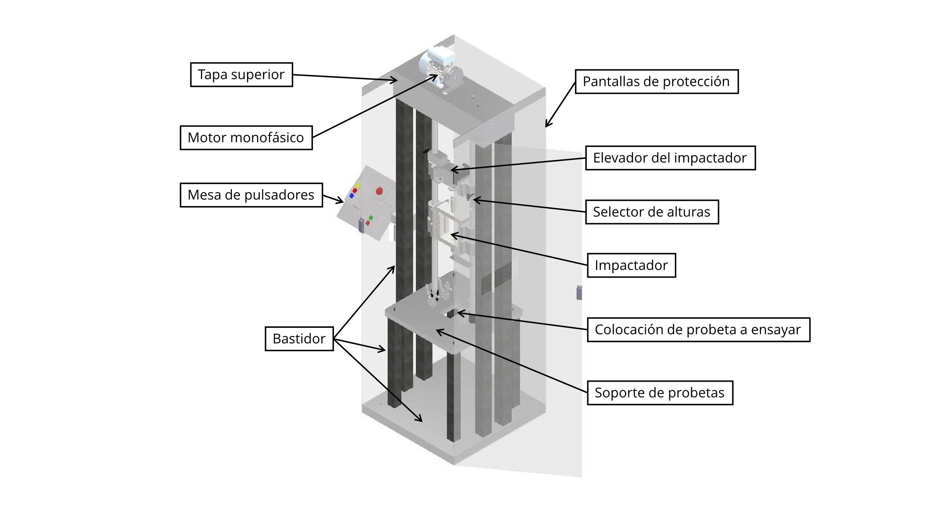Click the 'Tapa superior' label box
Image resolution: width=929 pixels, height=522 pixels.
[x=242, y=75]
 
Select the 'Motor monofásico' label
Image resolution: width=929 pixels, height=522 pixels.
[x=246, y=138]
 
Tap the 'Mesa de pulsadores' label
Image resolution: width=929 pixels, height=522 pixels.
[x=251, y=195]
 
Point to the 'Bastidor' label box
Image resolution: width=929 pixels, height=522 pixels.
[x=299, y=339]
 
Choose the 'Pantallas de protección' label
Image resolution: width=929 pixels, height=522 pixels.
[x=657, y=82]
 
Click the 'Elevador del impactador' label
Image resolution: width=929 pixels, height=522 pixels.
[x=670, y=158]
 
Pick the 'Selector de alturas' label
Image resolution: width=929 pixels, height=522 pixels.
[x=652, y=212]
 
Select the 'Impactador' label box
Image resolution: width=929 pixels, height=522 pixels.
[x=631, y=265]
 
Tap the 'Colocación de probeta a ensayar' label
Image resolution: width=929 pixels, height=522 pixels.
[x=698, y=330]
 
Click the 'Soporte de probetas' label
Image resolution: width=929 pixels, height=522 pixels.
[x=660, y=393]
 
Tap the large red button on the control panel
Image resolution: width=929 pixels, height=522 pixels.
[x=379, y=191]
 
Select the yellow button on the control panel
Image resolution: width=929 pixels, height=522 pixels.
[x=358, y=185]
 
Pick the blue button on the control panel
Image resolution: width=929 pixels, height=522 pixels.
[x=352, y=196]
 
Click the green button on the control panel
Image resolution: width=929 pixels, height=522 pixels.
[x=371, y=218]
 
